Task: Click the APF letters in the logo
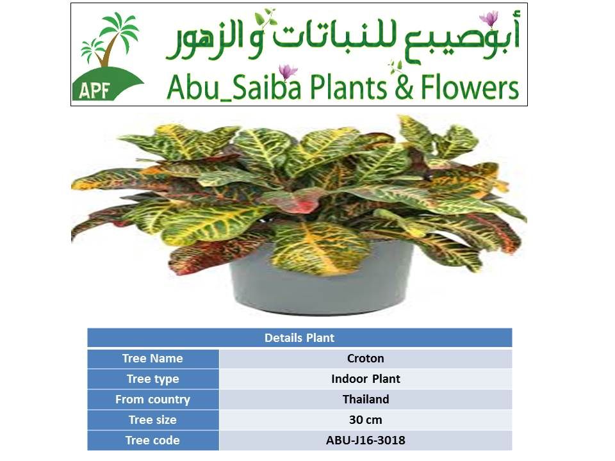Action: tap(94, 90)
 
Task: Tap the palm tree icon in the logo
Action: tap(110, 39)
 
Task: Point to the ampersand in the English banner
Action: tap(404, 88)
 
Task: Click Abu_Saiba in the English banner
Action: tap(234, 88)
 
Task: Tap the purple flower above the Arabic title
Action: tap(489, 19)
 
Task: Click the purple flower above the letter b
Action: tap(288, 72)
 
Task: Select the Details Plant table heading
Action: tap(299, 338)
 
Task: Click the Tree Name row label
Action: tap(152, 359)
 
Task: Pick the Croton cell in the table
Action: tap(366, 359)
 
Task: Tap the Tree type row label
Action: tap(152, 379)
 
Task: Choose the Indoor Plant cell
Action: tap(366, 378)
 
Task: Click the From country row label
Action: tap(152, 400)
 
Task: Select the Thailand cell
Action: tap(366, 399)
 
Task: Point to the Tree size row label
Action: tap(152, 420)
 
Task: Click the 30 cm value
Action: tap(366, 420)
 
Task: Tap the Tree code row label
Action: tap(152, 441)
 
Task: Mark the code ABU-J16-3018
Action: tap(366, 441)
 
